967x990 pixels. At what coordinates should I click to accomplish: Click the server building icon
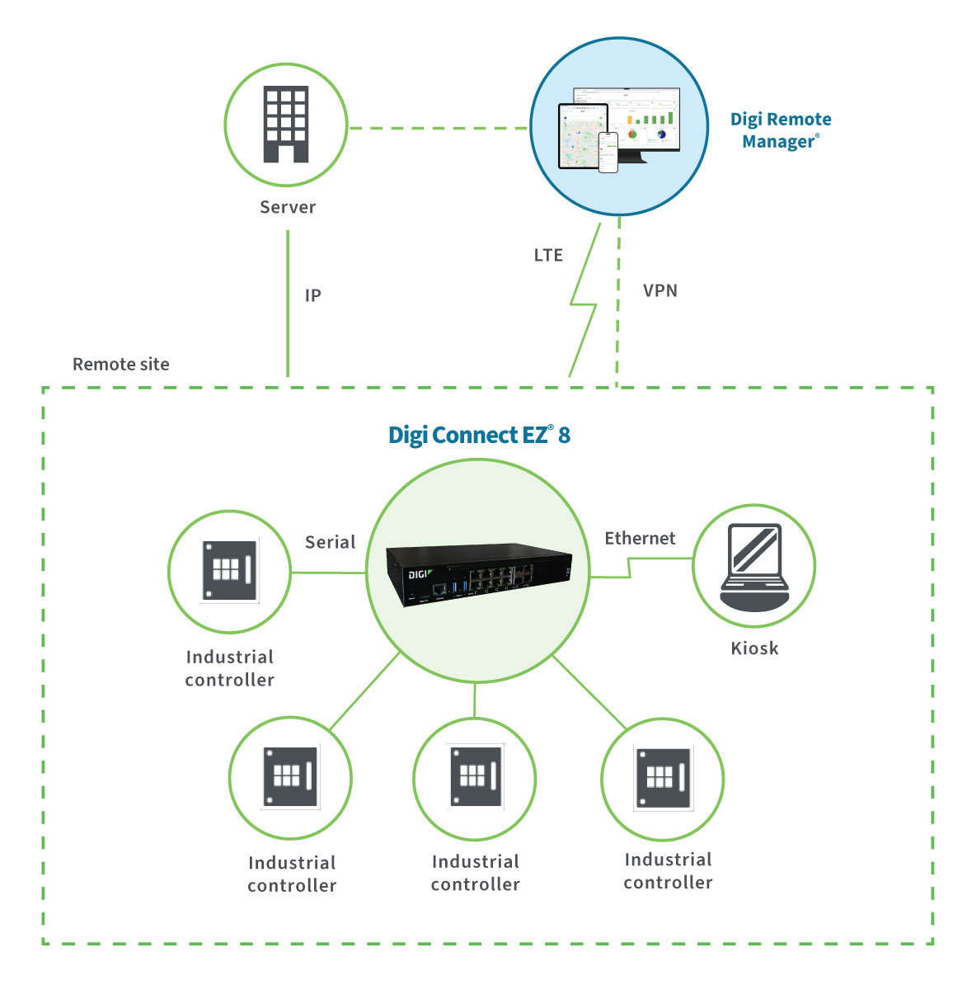(x=286, y=124)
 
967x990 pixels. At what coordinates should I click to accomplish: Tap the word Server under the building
(x=288, y=207)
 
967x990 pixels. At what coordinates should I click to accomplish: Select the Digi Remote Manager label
(x=780, y=130)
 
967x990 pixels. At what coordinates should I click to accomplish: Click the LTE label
(x=548, y=255)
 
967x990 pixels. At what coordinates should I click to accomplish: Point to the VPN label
(x=660, y=290)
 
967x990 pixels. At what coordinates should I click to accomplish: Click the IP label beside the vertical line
(x=312, y=295)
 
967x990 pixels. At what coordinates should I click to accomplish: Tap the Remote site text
(x=121, y=364)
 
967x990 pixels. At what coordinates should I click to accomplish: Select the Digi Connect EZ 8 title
(x=479, y=435)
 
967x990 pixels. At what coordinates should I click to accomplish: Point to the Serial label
(x=330, y=542)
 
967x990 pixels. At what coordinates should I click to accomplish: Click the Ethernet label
(x=640, y=538)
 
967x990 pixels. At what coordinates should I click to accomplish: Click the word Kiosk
(x=754, y=648)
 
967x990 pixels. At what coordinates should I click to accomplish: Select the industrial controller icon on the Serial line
(x=229, y=571)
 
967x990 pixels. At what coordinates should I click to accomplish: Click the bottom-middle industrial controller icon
(x=475, y=777)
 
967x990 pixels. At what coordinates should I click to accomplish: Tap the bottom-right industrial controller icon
(x=662, y=779)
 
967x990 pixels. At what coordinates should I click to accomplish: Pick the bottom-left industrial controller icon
(x=289, y=777)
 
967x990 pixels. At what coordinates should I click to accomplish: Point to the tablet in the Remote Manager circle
(x=582, y=135)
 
